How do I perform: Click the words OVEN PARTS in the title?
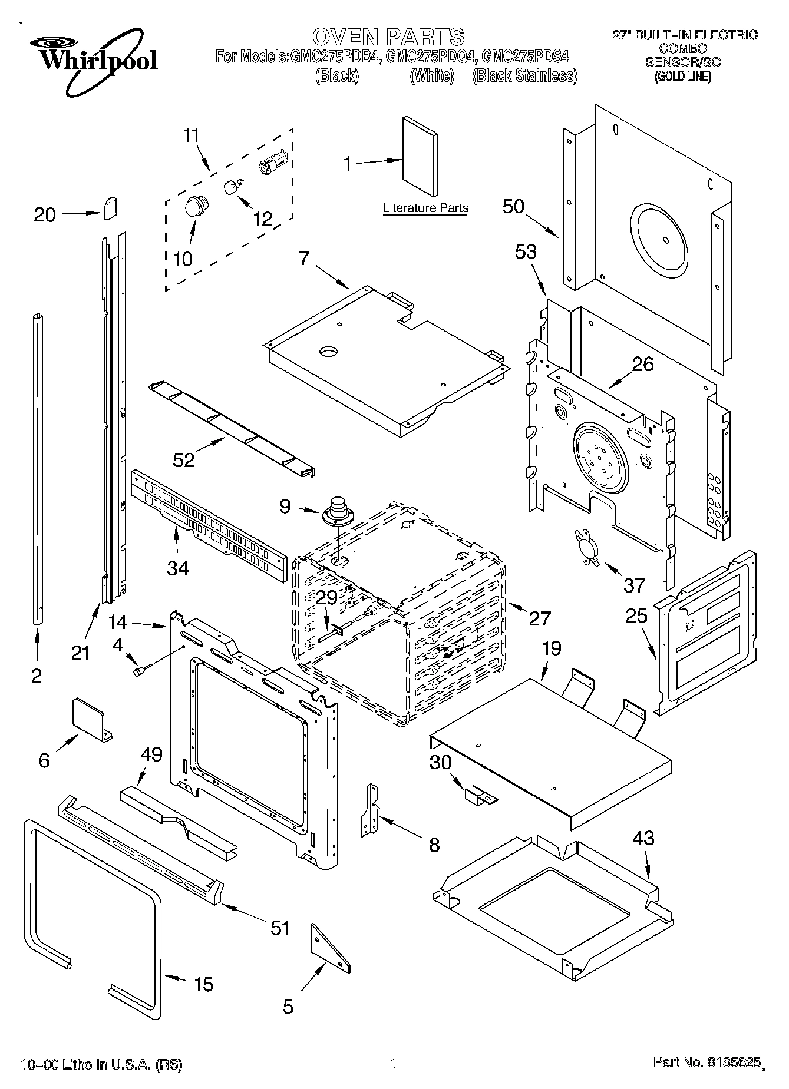[x=388, y=37]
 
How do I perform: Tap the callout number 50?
[x=513, y=206]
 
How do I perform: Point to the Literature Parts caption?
[x=425, y=208]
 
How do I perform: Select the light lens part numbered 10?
[x=194, y=207]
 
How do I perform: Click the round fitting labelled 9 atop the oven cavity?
[x=338, y=510]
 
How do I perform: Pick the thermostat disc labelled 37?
[x=585, y=546]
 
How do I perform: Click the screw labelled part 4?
[x=142, y=670]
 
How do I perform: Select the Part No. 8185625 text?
[x=706, y=1062]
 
